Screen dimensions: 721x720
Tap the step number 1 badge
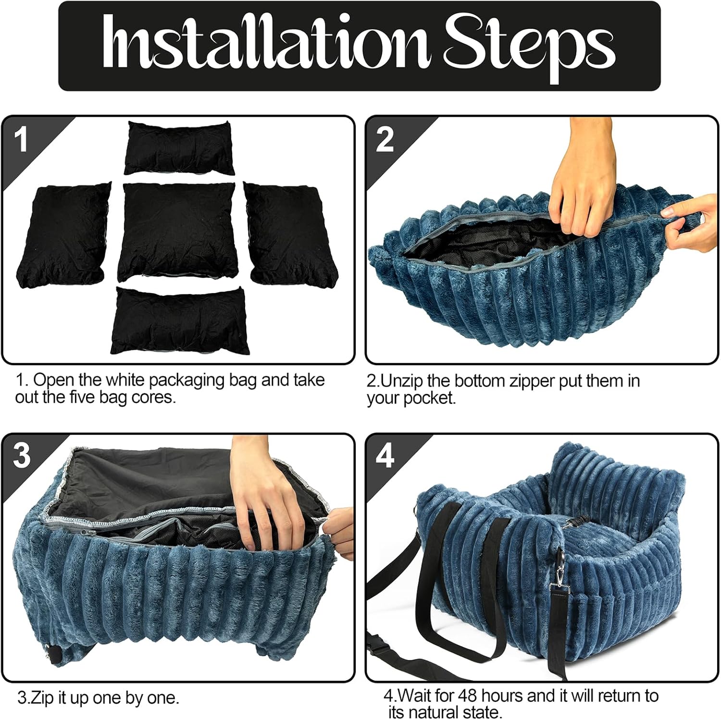21,140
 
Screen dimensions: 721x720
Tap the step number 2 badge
385,140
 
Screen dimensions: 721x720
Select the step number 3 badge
22,455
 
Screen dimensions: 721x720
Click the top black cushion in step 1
179,147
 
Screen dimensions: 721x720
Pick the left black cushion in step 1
63,235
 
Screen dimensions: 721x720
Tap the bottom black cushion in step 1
180,320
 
